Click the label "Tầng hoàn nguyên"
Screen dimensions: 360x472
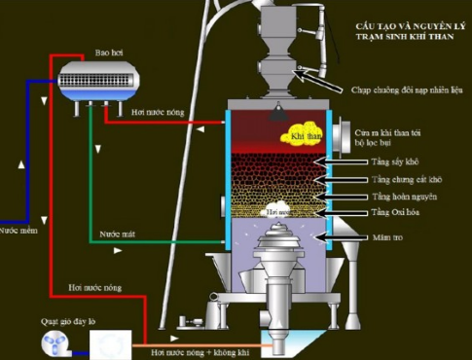397,197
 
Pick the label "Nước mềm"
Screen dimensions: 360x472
17,232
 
